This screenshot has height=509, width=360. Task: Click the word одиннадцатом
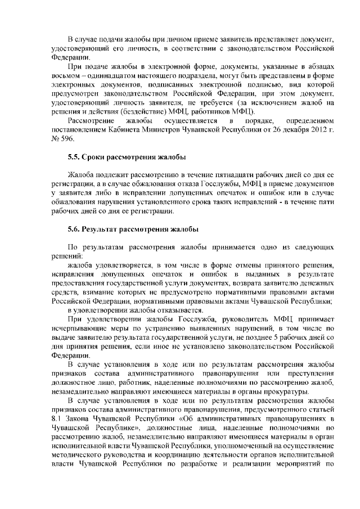pyautogui.click(x=110, y=75)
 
